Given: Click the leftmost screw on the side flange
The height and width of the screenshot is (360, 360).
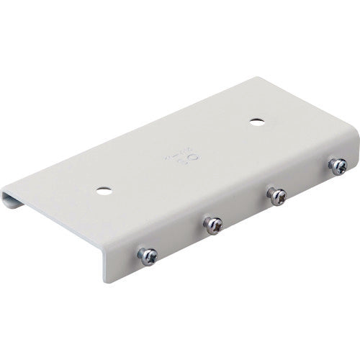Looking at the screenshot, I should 148,256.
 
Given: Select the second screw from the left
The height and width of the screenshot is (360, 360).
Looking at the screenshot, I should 213,225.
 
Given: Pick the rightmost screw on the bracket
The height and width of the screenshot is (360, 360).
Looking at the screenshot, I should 338,166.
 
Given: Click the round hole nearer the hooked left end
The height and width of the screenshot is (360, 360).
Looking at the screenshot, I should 104,191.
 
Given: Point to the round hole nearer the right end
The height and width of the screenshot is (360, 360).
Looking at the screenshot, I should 256,121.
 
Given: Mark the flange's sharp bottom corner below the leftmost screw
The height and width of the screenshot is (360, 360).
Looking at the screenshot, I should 108,281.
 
